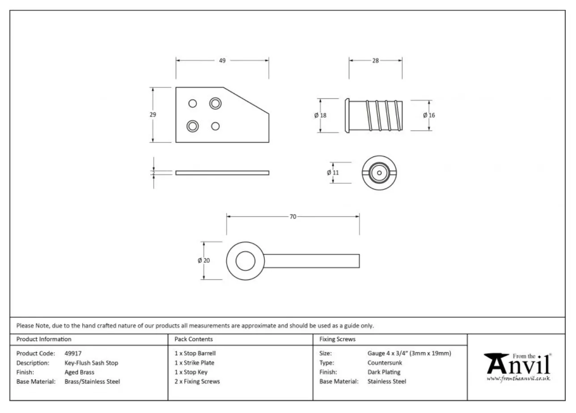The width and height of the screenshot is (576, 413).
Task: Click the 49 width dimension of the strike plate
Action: tap(222, 61)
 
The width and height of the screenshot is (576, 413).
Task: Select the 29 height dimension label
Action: tap(153, 114)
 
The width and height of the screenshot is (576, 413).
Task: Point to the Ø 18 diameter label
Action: tap(320, 115)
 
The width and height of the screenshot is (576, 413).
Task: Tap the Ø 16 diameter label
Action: tap(429, 115)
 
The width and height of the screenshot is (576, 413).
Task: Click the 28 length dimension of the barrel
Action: tap(375, 61)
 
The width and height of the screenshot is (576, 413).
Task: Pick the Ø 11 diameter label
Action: tap(333, 173)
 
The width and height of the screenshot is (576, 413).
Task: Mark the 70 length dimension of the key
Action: tap(293, 217)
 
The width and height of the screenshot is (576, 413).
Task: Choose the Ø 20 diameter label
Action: tap(204, 261)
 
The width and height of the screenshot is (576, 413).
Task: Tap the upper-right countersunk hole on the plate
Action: tap(216, 103)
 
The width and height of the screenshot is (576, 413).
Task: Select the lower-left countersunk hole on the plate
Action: tap(193, 126)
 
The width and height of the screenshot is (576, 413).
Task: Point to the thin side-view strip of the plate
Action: tap(222, 173)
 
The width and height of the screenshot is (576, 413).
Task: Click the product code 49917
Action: tap(73, 353)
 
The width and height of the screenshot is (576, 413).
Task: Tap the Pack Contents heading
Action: tap(194, 339)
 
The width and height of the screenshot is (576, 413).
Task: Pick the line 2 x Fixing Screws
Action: tap(197, 381)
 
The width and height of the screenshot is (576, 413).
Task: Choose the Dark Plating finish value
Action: tap(384, 372)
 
